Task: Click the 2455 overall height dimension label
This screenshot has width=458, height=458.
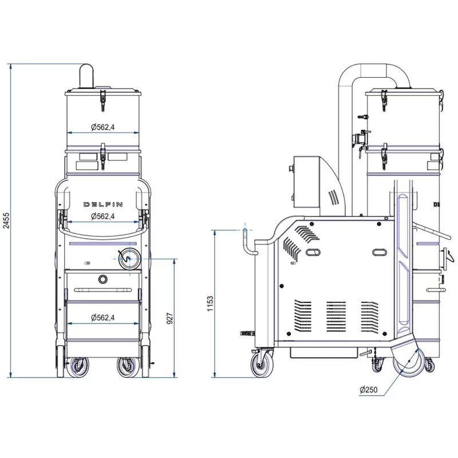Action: point(6,220)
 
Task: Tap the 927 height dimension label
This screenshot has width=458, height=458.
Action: point(169,318)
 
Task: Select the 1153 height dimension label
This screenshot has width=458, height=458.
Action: point(210,304)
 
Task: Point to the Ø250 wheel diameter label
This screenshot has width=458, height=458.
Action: point(368,390)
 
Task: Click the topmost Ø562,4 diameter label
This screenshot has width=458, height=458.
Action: point(102,127)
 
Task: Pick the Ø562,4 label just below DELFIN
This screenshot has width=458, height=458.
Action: point(102,216)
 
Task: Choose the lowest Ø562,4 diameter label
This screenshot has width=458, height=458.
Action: point(102,318)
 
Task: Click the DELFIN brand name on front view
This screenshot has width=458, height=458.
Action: point(103,204)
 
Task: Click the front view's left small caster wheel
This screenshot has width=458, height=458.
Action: point(77,367)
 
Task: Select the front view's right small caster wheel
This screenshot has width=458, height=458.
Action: point(128,367)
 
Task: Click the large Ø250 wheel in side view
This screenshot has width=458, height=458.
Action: point(409,362)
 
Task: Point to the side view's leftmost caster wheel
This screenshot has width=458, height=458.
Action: point(262,365)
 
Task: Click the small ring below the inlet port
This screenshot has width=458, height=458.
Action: point(102,279)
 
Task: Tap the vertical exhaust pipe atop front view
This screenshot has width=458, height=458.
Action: point(86,77)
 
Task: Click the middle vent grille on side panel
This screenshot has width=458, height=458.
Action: point(336,317)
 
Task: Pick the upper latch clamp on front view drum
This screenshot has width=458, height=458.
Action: point(102,100)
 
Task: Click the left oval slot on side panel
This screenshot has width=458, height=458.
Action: point(313,252)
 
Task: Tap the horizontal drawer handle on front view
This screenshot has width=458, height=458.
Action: point(103,290)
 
